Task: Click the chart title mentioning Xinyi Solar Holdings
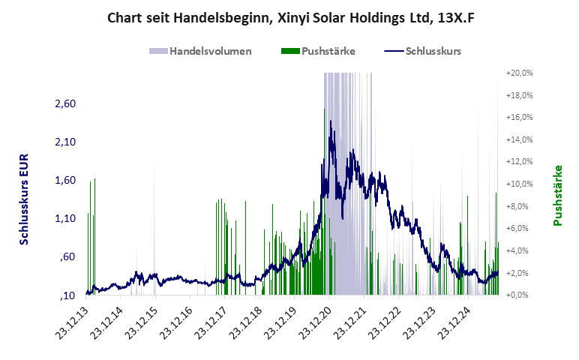click(x=290, y=16)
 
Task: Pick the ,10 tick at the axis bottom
click(x=69, y=295)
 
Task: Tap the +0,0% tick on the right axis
click(x=521, y=295)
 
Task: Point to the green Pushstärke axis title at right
click(x=558, y=195)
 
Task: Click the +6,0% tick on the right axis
click(x=521, y=228)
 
